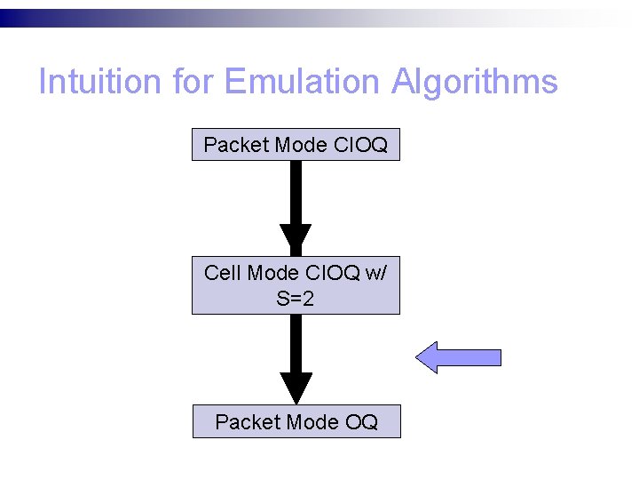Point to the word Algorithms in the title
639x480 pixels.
475,83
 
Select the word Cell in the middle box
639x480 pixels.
222,273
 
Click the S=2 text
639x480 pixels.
296,299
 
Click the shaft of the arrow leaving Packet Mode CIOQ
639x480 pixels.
296,192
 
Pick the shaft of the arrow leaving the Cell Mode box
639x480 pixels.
296,343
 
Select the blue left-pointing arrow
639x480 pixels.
459,357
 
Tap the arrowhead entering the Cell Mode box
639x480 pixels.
296,239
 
